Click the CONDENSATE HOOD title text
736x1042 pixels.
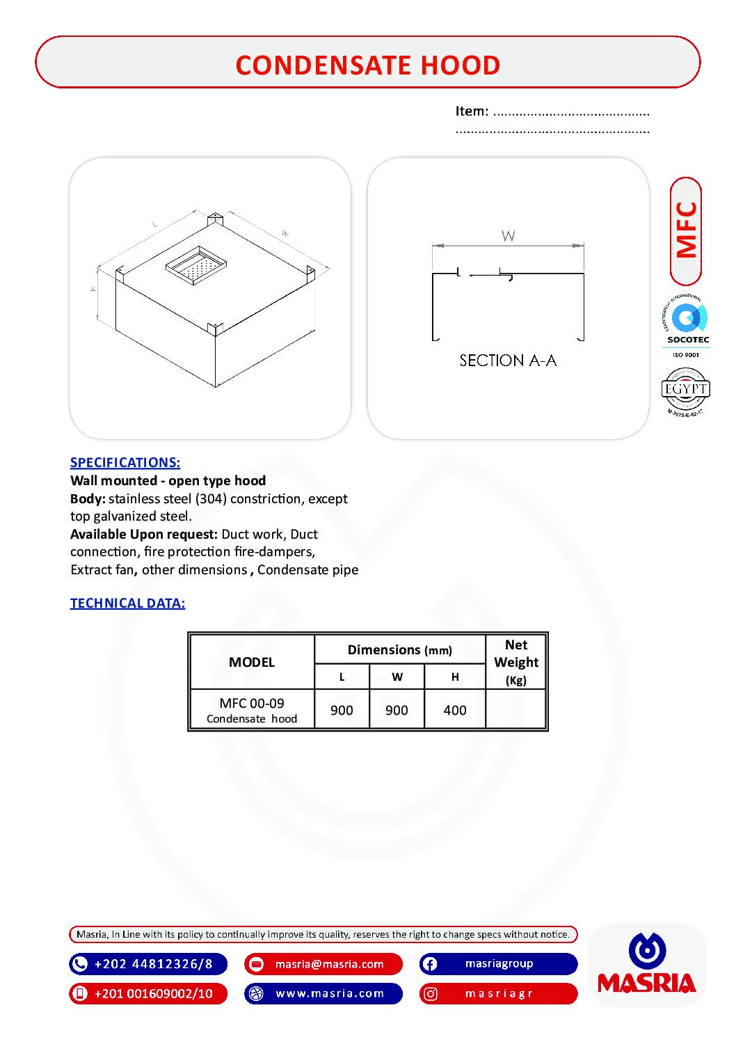[367, 65]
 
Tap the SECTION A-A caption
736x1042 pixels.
[508, 361]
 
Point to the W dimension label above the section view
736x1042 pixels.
[509, 236]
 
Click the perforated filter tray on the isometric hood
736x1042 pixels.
[196, 264]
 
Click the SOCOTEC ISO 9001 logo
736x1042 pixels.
[687, 326]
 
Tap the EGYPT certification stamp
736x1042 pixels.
[685, 390]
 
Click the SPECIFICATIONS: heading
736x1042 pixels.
[125, 462]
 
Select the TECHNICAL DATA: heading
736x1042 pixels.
[127, 603]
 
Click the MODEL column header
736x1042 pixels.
[251, 662]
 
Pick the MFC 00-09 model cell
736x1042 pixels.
[251, 709]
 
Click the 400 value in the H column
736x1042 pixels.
[455, 710]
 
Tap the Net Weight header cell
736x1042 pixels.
[516, 661]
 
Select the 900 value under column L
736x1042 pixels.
[342, 710]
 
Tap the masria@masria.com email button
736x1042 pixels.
[323, 964]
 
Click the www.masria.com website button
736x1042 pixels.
[323, 993]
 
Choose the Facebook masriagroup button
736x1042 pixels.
[498, 964]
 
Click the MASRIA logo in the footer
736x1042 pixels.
[646, 965]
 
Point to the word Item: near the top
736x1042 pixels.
[472, 111]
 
